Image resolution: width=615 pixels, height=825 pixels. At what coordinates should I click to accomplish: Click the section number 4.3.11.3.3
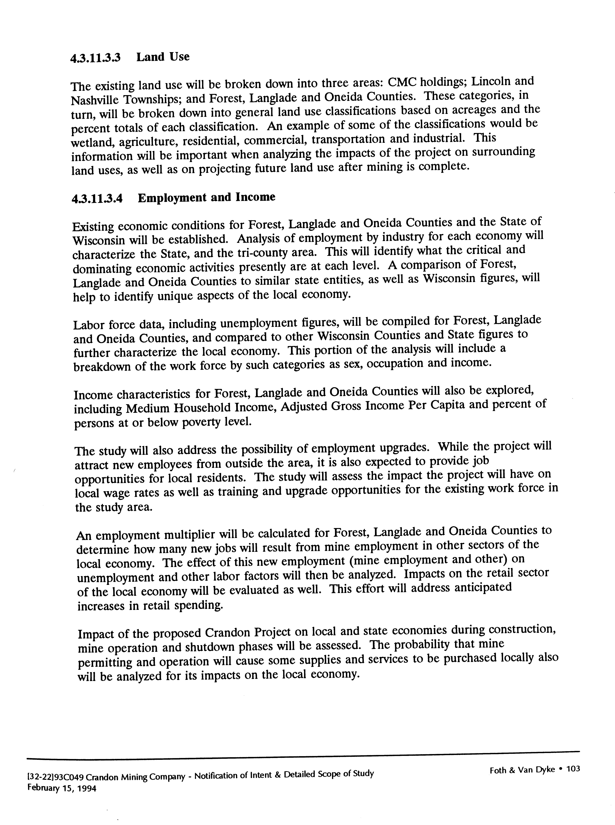coord(95,58)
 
